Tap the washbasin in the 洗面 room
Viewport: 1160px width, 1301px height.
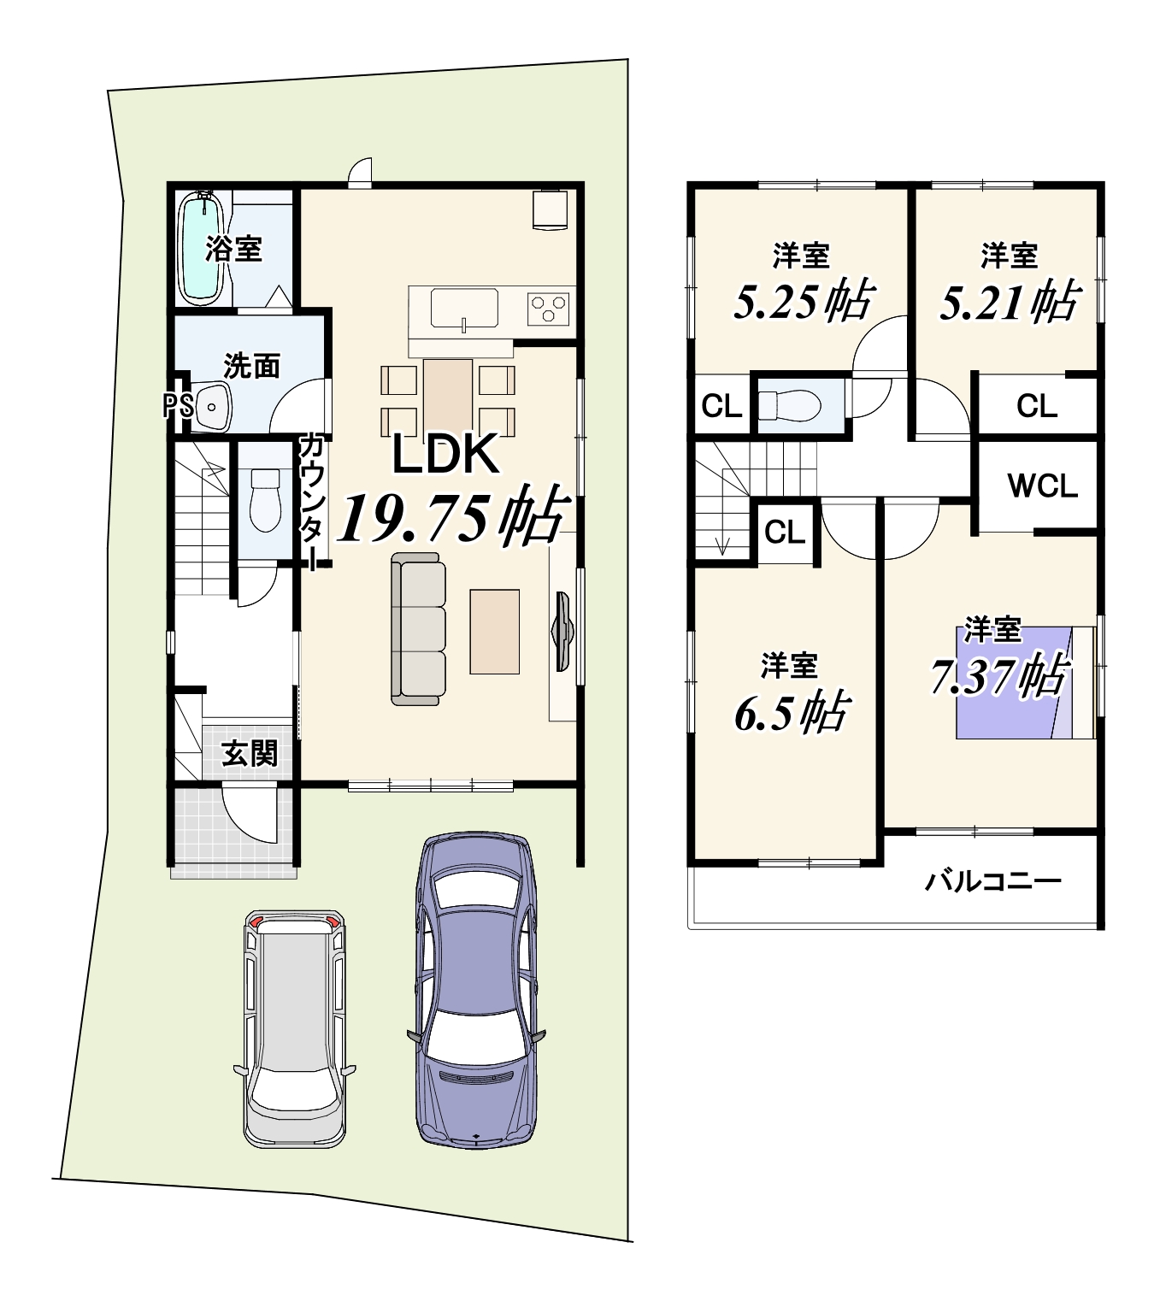(x=213, y=407)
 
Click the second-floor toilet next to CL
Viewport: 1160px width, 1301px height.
(x=789, y=405)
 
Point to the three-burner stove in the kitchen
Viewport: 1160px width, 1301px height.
(x=548, y=308)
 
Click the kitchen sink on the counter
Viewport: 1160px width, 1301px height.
(x=463, y=309)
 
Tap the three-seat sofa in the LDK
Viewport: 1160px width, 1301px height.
(x=418, y=629)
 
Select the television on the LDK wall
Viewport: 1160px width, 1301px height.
(x=561, y=632)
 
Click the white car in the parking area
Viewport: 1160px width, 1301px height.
(x=295, y=1028)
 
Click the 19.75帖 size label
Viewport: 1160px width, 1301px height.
(x=453, y=517)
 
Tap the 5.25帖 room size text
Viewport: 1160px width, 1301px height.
(x=803, y=301)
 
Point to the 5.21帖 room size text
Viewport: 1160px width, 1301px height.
(x=1009, y=301)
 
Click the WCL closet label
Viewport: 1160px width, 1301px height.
(x=1042, y=486)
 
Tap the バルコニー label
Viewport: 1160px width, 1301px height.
(x=993, y=882)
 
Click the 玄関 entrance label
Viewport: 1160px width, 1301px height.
(x=250, y=753)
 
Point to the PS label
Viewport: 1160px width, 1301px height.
(x=178, y=406)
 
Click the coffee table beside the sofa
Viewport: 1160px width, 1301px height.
(x=494, y=632)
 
